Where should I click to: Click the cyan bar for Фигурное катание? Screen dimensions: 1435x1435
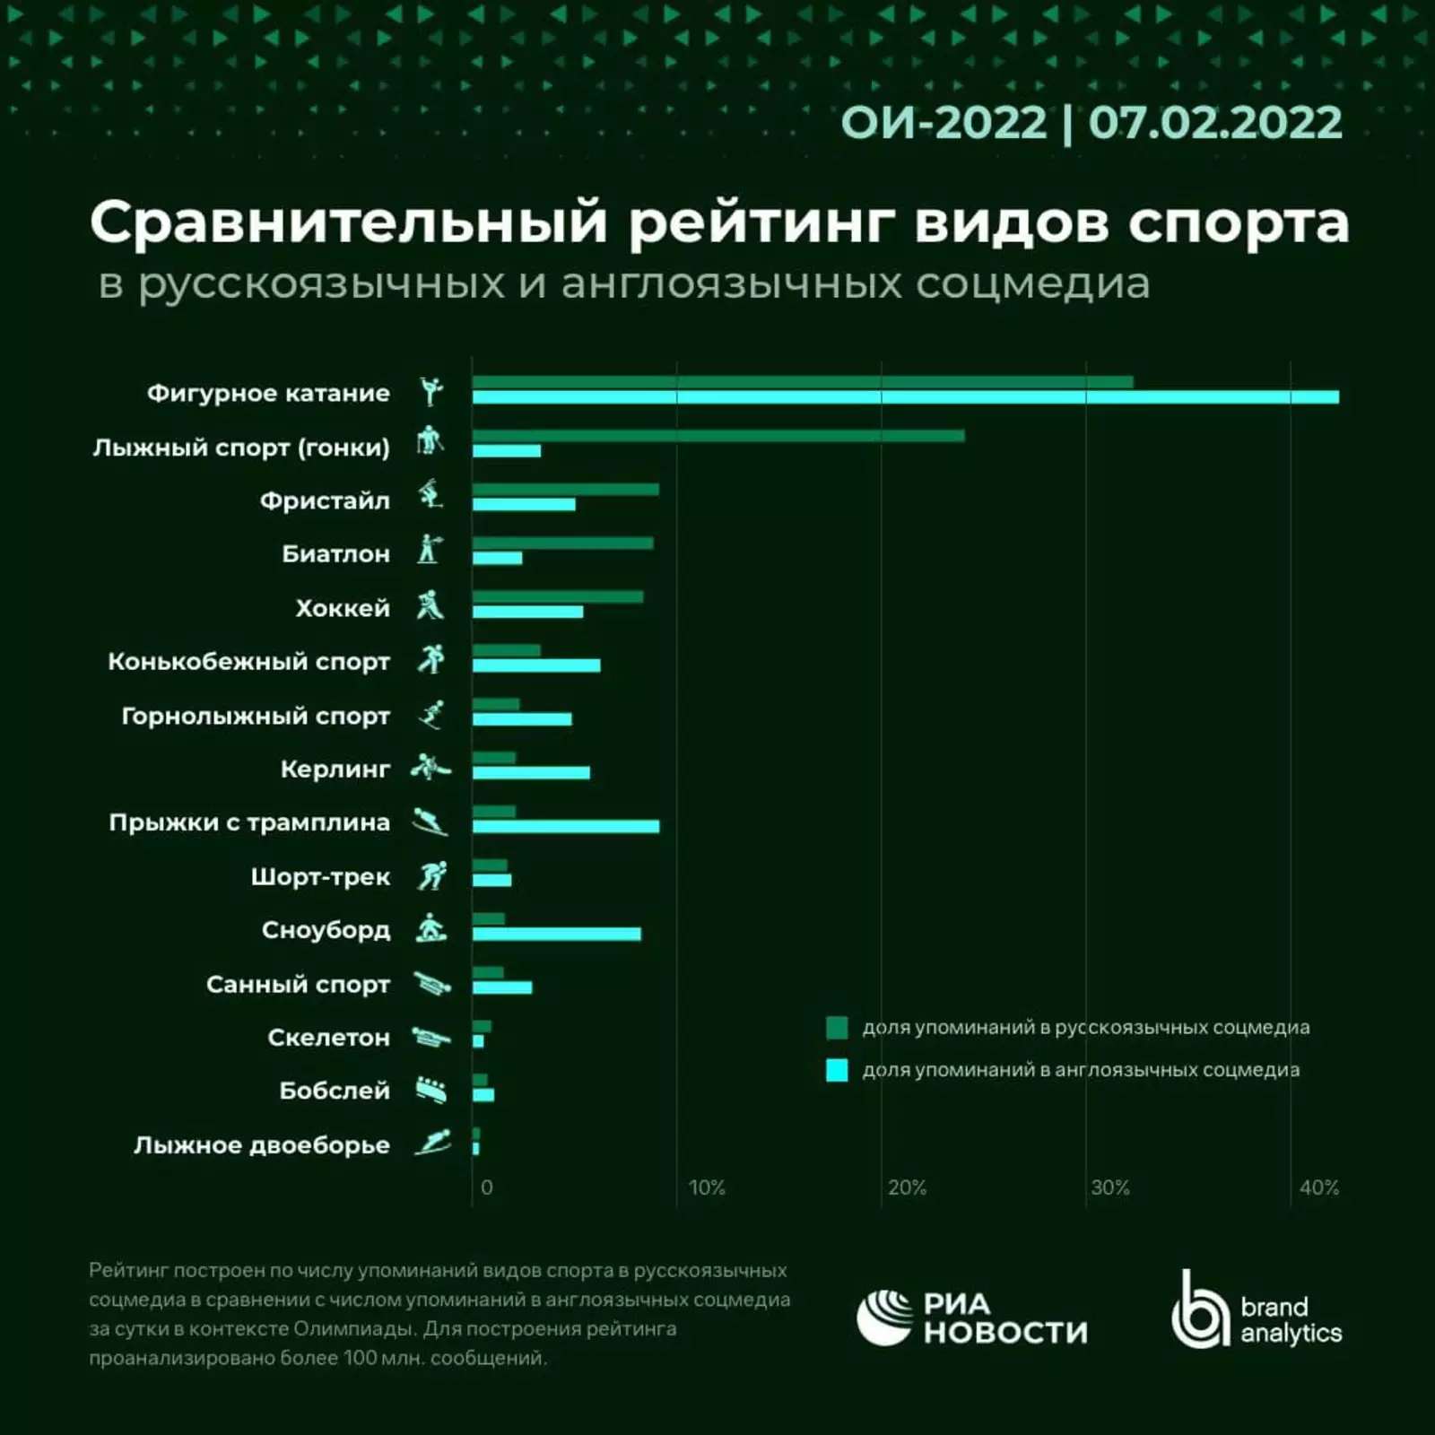click(906, 397)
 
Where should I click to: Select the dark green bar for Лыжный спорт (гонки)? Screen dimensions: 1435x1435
click(718, 436)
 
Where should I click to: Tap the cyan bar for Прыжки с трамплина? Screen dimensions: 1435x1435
click(566, 826)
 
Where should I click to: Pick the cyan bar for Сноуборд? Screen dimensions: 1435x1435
click(557, 934)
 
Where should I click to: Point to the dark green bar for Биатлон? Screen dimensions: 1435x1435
click(563, 544)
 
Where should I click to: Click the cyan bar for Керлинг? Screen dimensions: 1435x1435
click(531, 772)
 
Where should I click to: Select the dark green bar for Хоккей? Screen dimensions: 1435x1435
click(558, 597)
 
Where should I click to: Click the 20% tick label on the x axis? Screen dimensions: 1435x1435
click(907, 1187)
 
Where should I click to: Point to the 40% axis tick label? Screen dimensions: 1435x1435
click(1318, 1187)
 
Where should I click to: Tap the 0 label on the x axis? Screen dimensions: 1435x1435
click(486, 1187)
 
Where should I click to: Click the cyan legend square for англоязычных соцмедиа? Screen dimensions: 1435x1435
click(837, 1070)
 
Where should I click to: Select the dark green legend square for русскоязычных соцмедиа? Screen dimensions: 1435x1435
click(837, 1028)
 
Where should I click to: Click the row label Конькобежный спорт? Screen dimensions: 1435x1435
click(248, 662)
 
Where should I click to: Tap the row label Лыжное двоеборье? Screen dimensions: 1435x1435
click(261, 1145)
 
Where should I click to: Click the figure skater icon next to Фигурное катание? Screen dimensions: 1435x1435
click(431, 392)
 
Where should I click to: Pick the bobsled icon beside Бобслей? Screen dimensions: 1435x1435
click(431, 1091)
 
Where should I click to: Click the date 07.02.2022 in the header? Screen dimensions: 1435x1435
click(1215, 123)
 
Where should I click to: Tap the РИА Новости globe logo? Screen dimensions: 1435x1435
click(884, 1318)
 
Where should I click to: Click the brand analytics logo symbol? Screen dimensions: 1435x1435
click(1199, 1311)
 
